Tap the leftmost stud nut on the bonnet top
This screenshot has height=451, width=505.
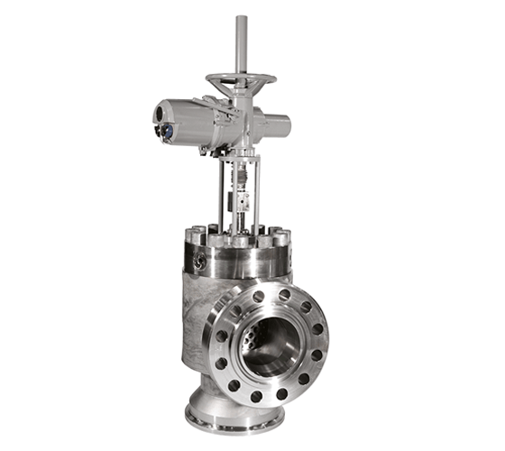[x=191, y=236]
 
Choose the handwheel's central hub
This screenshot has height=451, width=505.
[x=242, y=80]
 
